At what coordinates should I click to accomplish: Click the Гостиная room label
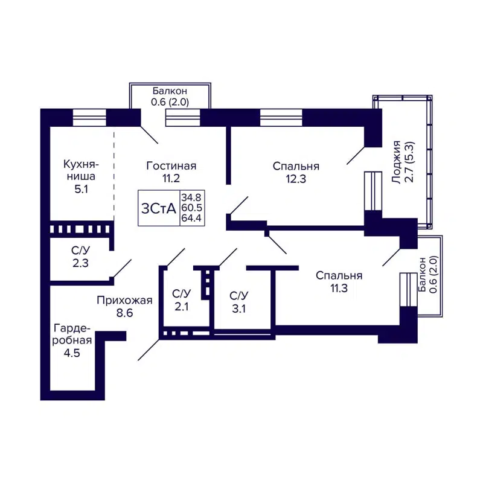click(171, 165)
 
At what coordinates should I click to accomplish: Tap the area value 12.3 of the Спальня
click(295, 179)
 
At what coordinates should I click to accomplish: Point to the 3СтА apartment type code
click(158, 208)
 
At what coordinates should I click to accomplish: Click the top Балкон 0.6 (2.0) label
click(170, 97)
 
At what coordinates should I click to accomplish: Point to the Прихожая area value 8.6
click(124, 313)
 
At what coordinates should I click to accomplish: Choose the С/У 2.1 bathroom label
click(181, 300)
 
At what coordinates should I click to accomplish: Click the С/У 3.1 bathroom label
click(238, 301)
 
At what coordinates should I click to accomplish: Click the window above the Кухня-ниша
click(90, 117)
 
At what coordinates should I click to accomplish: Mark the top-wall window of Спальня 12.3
click(281, 117)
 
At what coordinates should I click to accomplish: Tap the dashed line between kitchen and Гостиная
click(114, 175)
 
